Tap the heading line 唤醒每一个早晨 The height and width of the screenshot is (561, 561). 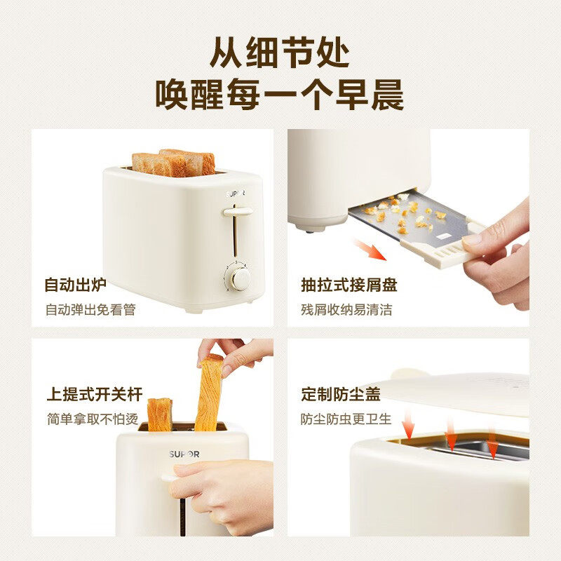[279, 95]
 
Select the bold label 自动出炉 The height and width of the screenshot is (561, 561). [76, 285]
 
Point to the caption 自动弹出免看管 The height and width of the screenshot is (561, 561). [90, 309]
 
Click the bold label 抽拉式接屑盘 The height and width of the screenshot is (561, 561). [349, 285]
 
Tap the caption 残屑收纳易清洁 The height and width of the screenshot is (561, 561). [346, 309]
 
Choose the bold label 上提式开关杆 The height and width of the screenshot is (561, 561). [95, 394]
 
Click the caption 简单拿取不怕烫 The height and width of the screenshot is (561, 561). [93, 419]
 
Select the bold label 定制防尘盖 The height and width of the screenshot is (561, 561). [341, 394]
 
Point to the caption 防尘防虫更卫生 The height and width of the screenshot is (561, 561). [346, 419]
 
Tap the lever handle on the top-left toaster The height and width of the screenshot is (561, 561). [238, 212]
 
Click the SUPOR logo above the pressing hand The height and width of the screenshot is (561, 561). [184, 454]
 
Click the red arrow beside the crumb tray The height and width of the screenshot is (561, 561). [370, 250]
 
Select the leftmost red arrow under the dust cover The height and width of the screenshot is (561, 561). [408, 425]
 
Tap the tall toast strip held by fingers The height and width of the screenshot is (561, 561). [210, 393]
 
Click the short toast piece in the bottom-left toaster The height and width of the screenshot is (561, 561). [160, 414]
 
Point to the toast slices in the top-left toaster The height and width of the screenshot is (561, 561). [174, 163]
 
